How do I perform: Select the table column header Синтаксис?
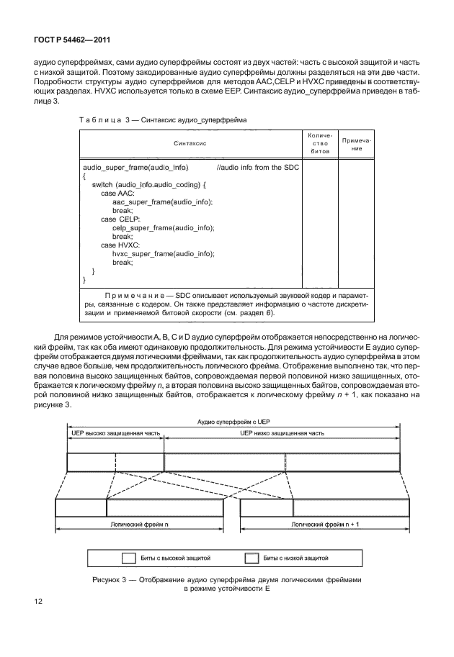coord(190,144)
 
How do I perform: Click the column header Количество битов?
coord(318,144)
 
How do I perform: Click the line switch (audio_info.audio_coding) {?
coord(148,185)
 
